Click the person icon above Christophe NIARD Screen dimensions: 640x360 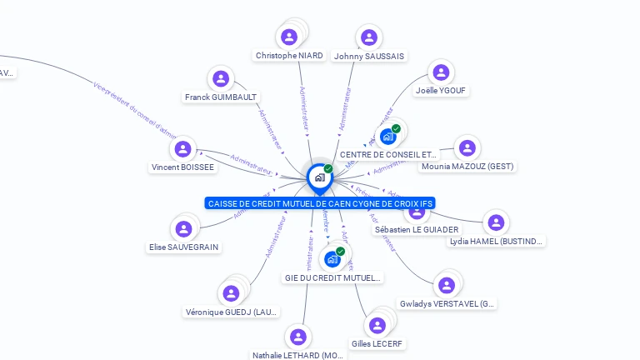(x=289, y=37)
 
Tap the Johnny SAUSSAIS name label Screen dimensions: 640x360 (x=368, y=56)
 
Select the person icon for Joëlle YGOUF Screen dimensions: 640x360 (x=442, y=72)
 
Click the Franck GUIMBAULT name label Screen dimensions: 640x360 (x=221, y=97)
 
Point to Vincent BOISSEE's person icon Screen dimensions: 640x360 (x=182, y=148)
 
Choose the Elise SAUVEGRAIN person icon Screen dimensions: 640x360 (x=182, y=228)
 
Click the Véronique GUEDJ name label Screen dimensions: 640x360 (x=232, y=312)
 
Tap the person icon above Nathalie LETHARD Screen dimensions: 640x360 (x=297, y=337)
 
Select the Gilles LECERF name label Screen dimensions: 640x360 (x=377, y=343)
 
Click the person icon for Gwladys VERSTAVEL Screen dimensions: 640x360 (x=447, y=285)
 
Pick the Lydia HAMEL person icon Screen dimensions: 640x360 (x=496, y=222)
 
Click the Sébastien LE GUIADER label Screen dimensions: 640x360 (x=416, y=229)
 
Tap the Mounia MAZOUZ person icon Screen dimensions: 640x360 (x=467, y=148)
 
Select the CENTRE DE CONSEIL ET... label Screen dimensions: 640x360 (x=388, y=155)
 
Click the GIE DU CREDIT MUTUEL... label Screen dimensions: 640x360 (x=332, y=277)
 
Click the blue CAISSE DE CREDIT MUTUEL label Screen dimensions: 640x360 (x=320, y=203)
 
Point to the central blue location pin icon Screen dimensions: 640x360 (x=319, y=177)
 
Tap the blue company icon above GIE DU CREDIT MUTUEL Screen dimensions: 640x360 (x=332, y=258)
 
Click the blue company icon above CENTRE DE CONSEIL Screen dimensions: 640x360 (x=387, y=136)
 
